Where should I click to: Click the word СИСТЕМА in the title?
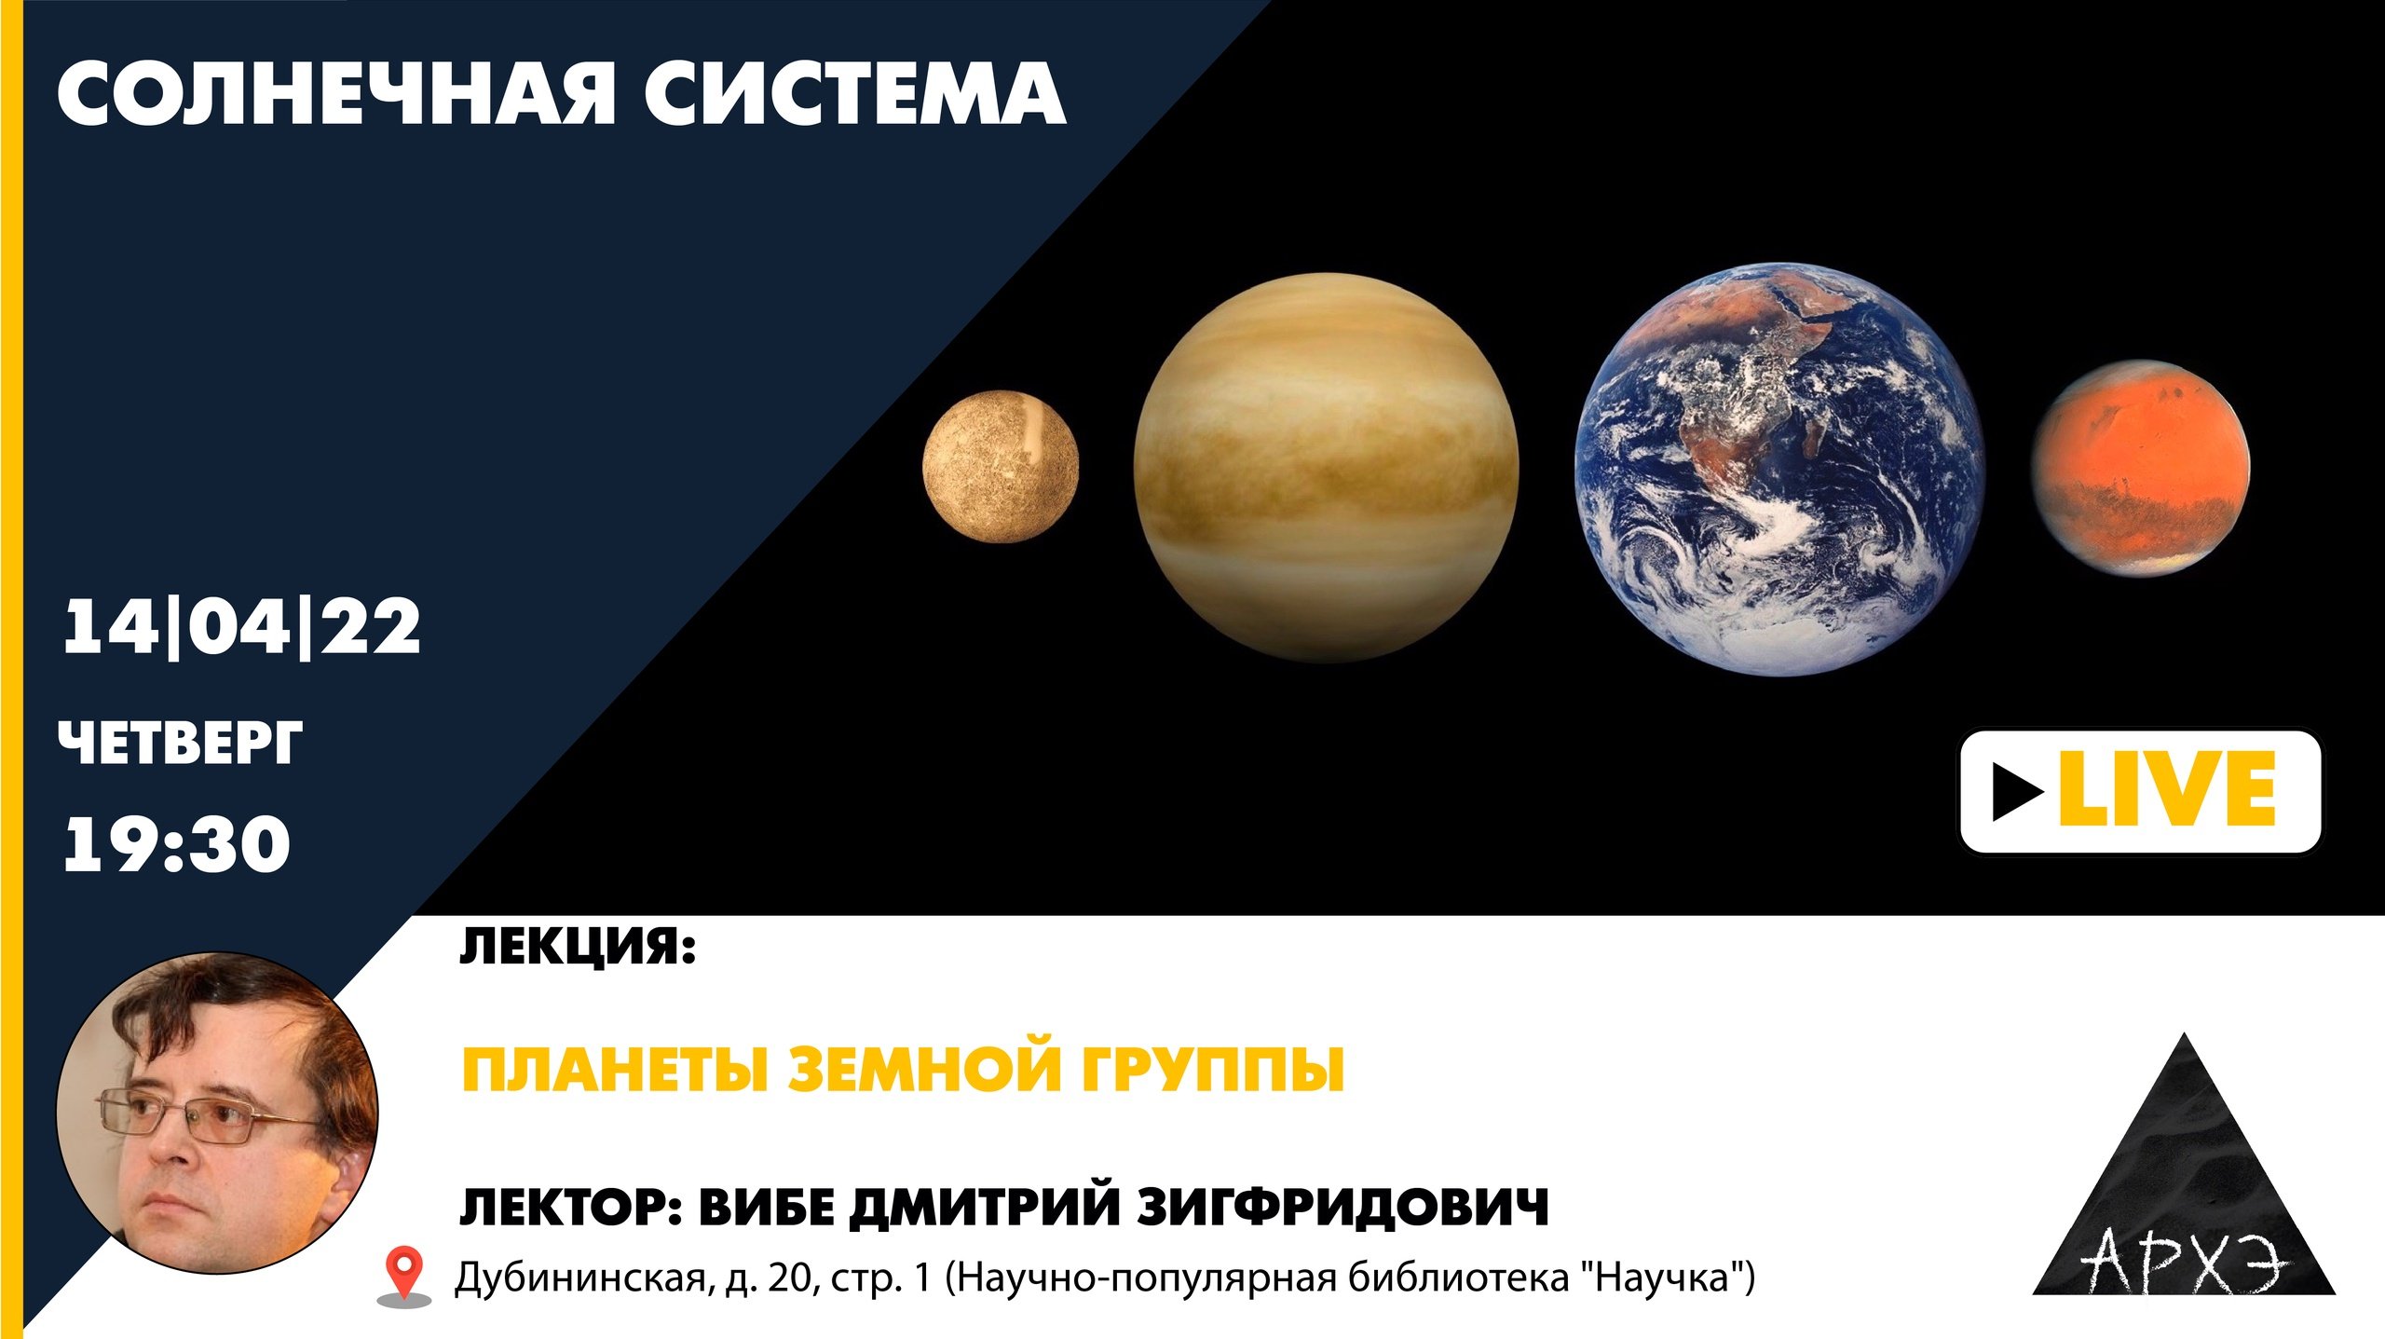pos(855,93)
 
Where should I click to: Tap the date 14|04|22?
pos(241,626)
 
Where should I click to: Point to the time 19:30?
pos(176,844)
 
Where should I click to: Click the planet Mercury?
pos(1001,466)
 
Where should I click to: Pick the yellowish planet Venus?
pos(1326,467)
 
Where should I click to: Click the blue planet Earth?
pos(1779,469)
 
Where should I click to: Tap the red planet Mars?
pos(2140,468)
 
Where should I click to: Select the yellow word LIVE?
pos(2168,789)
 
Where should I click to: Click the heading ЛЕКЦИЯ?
pos(578,948)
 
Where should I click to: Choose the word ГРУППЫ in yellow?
pos(1213,1069)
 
